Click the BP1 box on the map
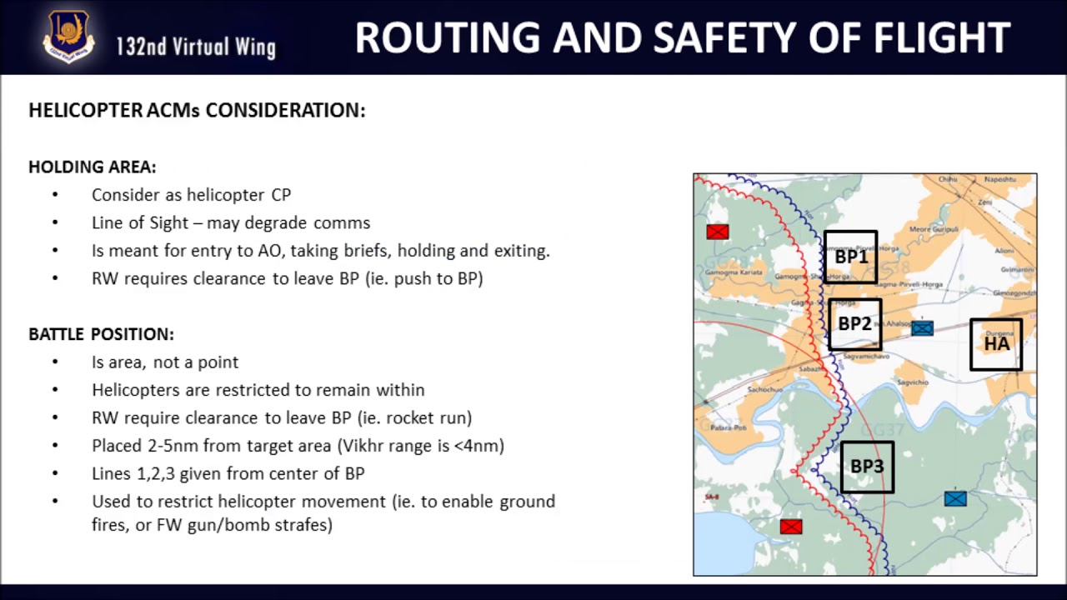tap(850, 257)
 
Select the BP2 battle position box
tap(854, 324)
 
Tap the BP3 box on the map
tap(867, 467)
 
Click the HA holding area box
tap(996, 344)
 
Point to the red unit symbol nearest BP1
tap(717, 232)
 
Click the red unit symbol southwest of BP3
tap(790, 527)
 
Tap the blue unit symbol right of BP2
tap(922, 328)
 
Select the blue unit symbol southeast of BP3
tap(955, 498)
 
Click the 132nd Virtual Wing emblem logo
tap(68, 37)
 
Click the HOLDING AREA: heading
tap(92, 167)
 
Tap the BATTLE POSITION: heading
tap(101, 334)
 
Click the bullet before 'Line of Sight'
tap(55, 222)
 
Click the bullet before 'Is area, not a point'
tap(55, 362)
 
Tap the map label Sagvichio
tap(912, 382)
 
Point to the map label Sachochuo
tap(764, 389)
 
